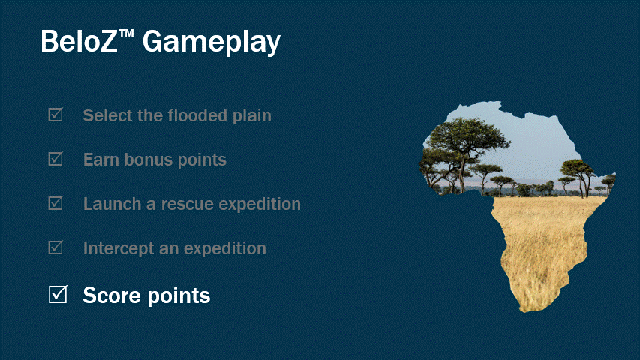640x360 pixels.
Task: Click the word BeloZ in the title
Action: (77, 41)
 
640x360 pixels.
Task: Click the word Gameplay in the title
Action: (212, 43)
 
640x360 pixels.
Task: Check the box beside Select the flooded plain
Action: (56, 115)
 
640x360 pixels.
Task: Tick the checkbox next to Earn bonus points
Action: (56, 160)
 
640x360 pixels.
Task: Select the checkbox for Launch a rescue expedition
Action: (56, 204)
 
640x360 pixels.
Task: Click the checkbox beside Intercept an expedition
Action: (56, 247)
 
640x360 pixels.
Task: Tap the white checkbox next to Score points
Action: (58, 295)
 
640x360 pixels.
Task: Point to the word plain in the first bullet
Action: (252, 116)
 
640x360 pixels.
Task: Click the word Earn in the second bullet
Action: (100, 160)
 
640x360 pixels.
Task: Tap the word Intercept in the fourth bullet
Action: (116, 247)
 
